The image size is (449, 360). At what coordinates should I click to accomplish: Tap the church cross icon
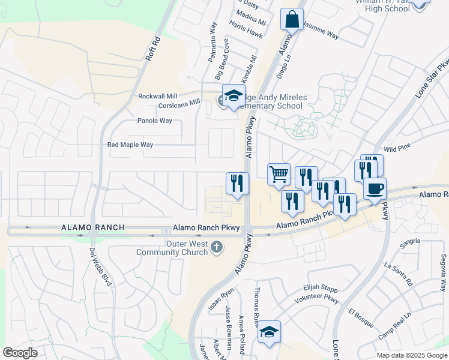tap(217, 247)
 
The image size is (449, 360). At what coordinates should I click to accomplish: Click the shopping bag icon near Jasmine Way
tap(292, 19)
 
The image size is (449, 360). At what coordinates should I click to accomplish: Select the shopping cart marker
tap(279, 175)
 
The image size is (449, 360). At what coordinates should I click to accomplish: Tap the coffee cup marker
tap(375, 188)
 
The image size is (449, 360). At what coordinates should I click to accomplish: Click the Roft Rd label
tap(154, 48)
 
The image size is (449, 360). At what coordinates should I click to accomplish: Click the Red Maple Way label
tap(130, 145)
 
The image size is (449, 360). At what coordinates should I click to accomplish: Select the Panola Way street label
tap(155, 121)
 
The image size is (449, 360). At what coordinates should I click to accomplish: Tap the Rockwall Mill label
tap(158, 96)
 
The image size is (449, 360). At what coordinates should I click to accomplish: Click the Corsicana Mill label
tap(179, 103)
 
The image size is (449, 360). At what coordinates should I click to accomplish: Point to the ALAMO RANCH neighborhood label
tap(92, 227)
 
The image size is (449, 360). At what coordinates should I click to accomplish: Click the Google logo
tap(20, 353)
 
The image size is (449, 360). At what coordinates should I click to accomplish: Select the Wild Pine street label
tap(397, 147)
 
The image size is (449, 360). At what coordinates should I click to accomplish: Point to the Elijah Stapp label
tap(321, 289)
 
